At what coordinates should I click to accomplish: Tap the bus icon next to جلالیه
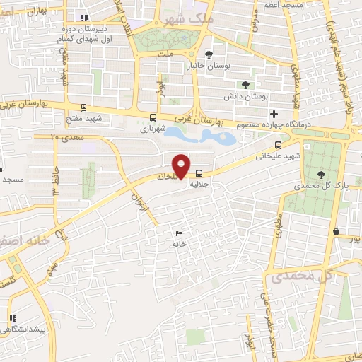click(x=199, y=173)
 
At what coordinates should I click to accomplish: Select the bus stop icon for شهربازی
click(x=154, y=117)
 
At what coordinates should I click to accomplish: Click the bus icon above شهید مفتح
click(x=84, y=107)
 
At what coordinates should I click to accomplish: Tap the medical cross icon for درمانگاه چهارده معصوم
click(x=274, y=114)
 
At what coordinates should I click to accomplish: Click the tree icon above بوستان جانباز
click(x=209, y=54)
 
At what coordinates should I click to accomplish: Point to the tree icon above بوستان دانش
click(x=246, y=84)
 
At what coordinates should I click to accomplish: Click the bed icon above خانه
click(x=179, y=233)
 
